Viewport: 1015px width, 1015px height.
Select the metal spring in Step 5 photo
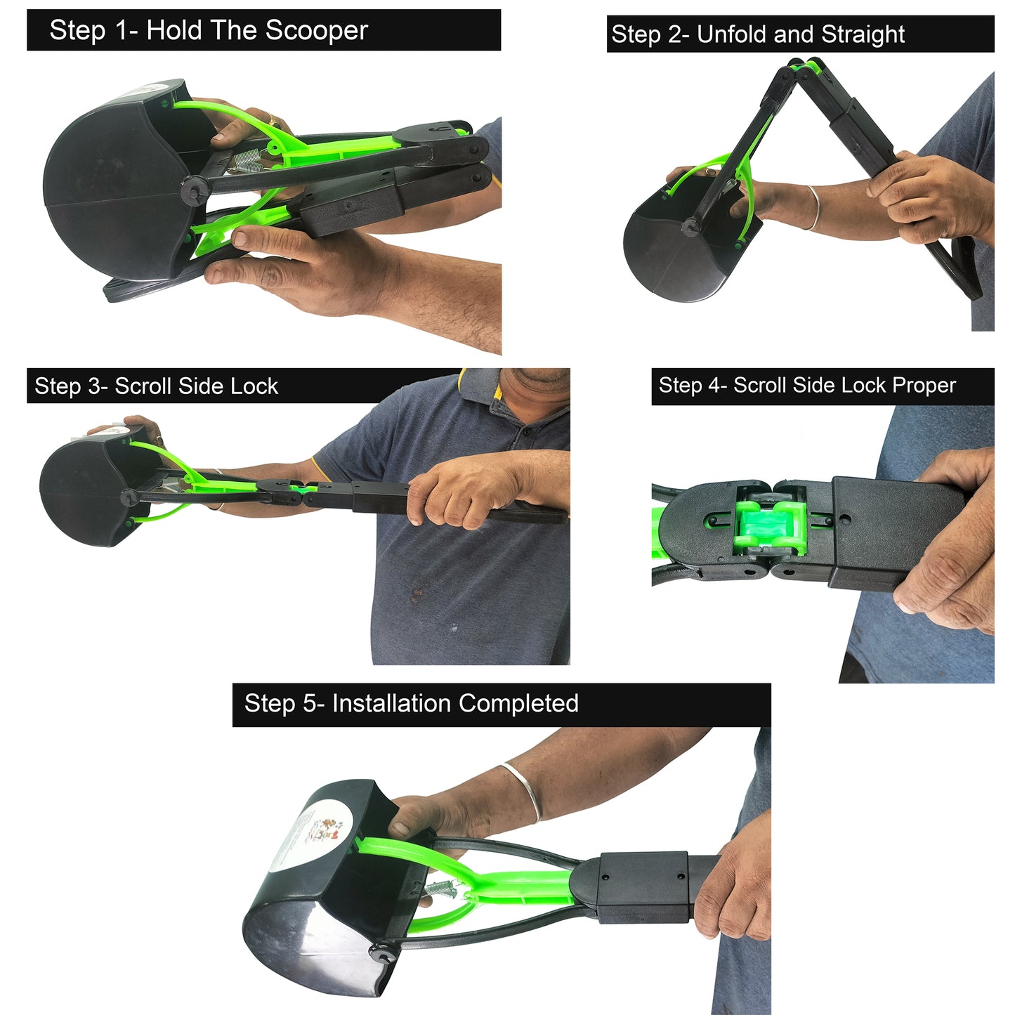click(441, 891)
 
